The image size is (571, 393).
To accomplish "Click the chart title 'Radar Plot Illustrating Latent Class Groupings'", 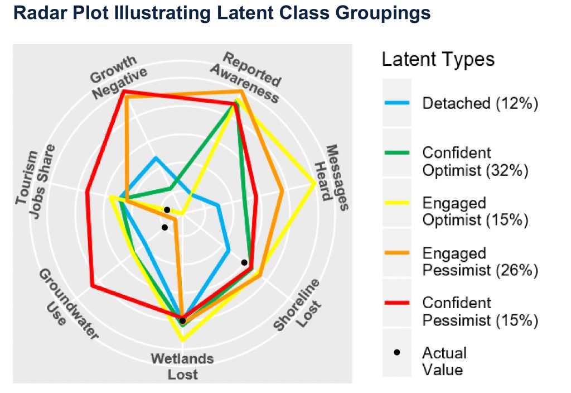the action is [222, 13].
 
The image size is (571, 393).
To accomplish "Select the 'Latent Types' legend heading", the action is [438, 59].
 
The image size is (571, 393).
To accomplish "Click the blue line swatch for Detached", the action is [397, 103].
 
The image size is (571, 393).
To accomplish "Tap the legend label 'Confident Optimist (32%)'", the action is [475, 161].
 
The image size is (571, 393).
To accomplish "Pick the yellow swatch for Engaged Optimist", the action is [397, 202].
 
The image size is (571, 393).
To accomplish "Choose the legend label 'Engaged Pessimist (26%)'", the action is [480, 262].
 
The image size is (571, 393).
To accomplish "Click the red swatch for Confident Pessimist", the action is [397, 303].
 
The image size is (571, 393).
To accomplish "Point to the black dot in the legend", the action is [397, 352].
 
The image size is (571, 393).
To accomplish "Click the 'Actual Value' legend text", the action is [444, 361].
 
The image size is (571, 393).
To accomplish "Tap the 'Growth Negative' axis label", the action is [118, 77].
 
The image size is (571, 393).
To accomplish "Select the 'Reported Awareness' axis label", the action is [246, 77].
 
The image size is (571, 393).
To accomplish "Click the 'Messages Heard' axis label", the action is [331, 178].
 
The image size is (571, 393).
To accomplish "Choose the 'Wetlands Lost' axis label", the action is [182, 366].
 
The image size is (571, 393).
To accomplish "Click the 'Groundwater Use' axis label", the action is [67, 305].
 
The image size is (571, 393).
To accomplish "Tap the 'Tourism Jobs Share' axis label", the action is [35, 181].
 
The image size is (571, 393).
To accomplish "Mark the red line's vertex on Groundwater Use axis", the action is [93, 286].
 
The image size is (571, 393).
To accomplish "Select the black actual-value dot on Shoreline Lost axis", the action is [244, 262].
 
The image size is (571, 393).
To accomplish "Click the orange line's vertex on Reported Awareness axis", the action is [241, 91].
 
